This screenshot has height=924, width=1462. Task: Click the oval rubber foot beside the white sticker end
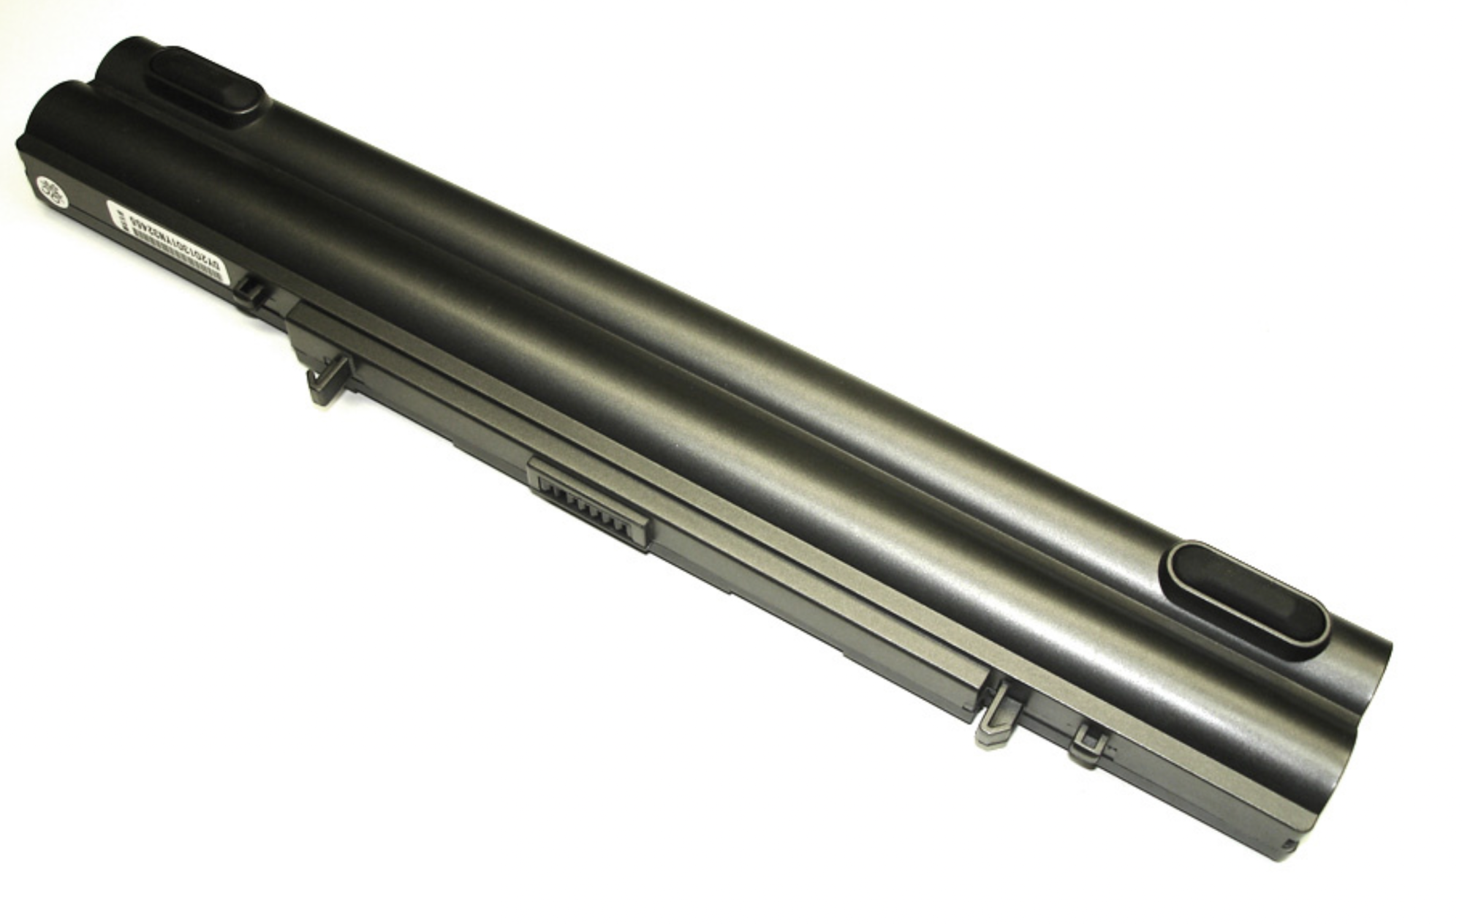(207, 83)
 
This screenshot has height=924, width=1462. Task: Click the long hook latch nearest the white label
(328, 380)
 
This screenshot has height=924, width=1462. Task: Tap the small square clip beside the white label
(250, 290)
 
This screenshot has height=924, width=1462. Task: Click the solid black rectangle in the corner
(250, 839)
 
